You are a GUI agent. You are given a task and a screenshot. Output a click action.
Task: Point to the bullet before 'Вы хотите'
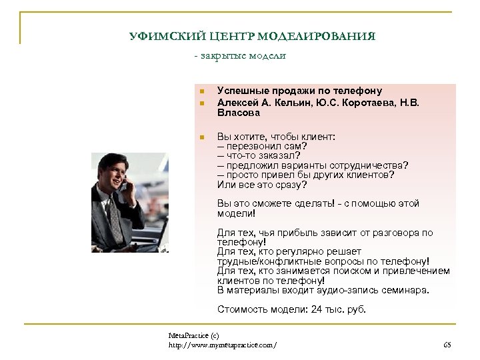coord(201,137)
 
